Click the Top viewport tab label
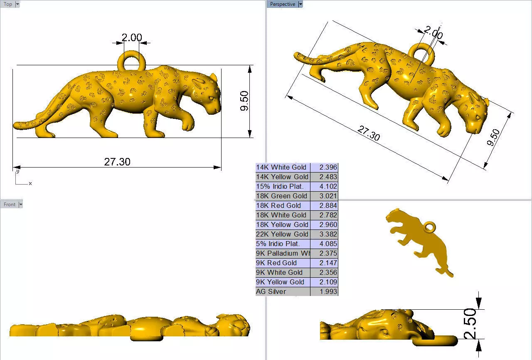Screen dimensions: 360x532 (x=8, y=4)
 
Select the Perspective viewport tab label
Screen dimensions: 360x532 (x=283, y=4)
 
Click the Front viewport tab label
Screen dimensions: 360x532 (x=10, y=205)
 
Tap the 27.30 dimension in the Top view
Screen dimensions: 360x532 (x=117, y=162)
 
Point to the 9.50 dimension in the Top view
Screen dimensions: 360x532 (x=244, y=101)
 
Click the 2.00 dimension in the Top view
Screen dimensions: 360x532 (x=132, y=38)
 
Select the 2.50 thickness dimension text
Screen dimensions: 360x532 (x=470, y=324)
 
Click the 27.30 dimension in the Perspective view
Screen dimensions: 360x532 (x=369, y=133)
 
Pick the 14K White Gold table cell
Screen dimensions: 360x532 (x=281, y=167)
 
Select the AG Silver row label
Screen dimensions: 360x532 (x=271, y=291)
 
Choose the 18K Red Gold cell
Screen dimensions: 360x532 (x=278, y=205)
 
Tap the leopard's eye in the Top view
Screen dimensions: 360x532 (x=211, y=99)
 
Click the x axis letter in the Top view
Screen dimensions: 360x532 (x=30, y=183)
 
